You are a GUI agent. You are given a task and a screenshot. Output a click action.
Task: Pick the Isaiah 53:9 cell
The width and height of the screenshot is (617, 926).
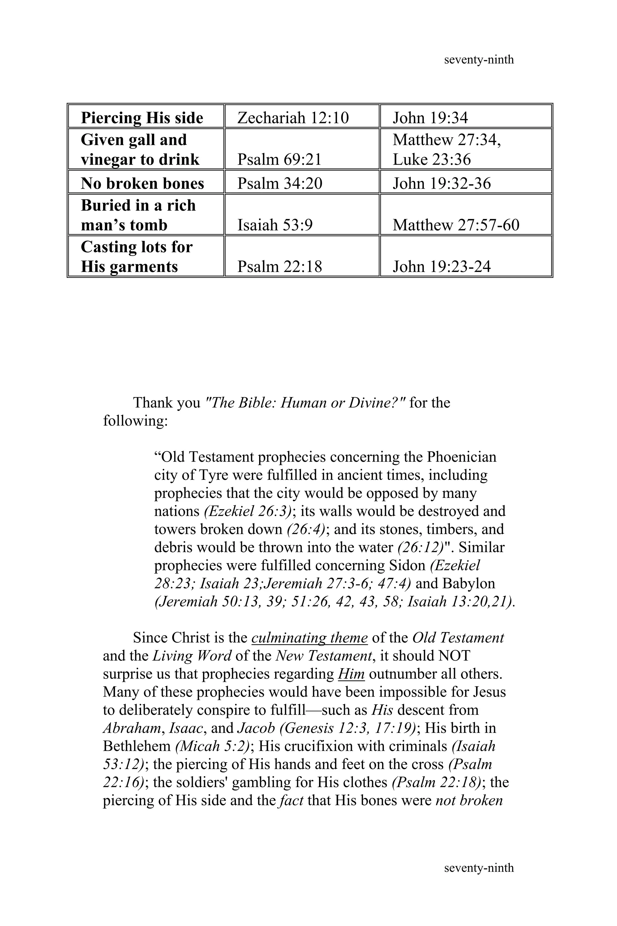coord(275,225)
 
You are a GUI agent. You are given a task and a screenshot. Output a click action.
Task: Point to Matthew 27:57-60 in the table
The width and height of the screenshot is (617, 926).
coord(456,225)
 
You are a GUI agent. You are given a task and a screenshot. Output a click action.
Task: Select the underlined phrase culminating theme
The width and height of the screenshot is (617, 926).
coord(309,638)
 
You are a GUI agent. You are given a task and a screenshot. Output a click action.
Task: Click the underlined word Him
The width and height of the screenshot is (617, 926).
coord(351,674)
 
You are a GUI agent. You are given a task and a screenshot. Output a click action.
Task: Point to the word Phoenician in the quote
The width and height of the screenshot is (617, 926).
coord(462,457)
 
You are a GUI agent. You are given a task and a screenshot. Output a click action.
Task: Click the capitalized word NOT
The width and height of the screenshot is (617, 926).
coord(454,656)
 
